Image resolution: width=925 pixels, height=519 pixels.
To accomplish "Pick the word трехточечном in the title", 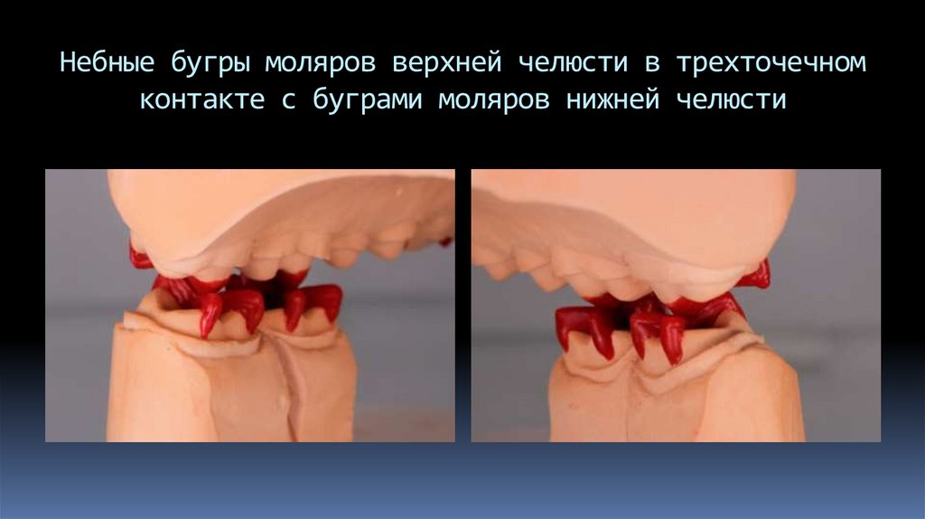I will tap(768, 64).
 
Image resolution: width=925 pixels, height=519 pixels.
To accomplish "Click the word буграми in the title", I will tap(367, 99).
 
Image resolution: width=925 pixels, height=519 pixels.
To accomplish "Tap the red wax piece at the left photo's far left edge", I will tap(139, 258).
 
